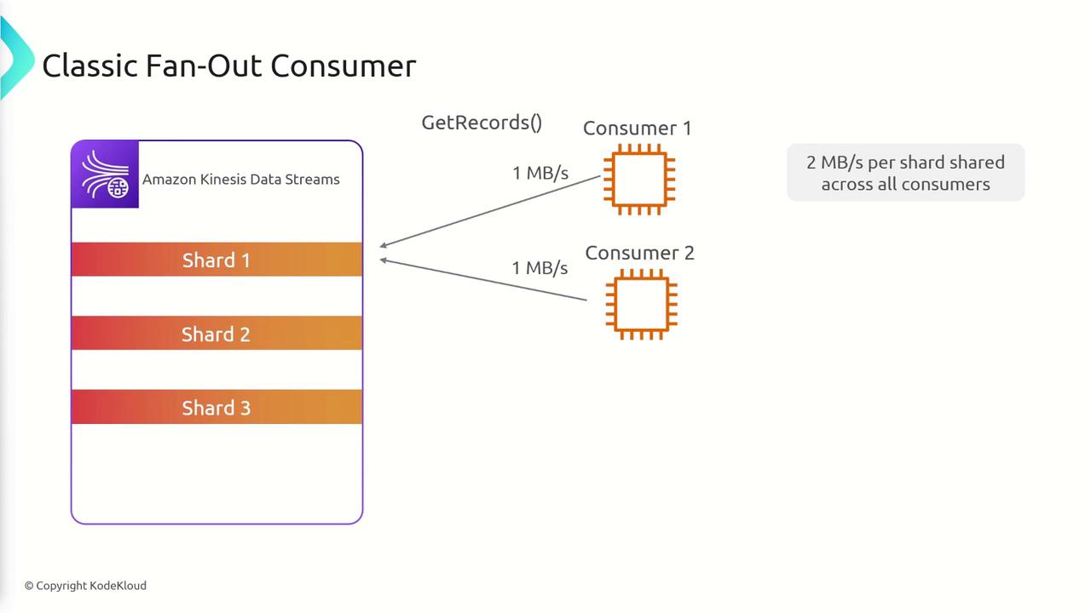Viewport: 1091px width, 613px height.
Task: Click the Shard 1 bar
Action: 216,260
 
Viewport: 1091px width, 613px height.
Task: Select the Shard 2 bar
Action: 216,334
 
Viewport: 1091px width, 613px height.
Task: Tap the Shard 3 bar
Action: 216,408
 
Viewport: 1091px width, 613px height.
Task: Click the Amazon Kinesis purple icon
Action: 105,175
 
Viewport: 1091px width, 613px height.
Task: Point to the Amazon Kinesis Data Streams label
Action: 240,180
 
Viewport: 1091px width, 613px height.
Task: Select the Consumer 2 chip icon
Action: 641,304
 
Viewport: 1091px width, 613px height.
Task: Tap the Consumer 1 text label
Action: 637,129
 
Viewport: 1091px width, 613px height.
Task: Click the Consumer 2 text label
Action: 639,253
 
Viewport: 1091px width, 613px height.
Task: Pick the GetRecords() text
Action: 482,123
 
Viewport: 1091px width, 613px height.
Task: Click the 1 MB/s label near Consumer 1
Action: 540,174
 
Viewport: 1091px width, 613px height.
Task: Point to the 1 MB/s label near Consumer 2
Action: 540,268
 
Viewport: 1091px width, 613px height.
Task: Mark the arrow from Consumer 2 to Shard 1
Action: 483,279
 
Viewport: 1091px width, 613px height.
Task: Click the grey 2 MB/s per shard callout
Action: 905,173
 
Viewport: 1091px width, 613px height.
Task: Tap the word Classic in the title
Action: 89,66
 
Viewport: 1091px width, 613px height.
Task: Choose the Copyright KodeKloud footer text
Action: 85,586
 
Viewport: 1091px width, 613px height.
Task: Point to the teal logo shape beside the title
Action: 14,57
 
